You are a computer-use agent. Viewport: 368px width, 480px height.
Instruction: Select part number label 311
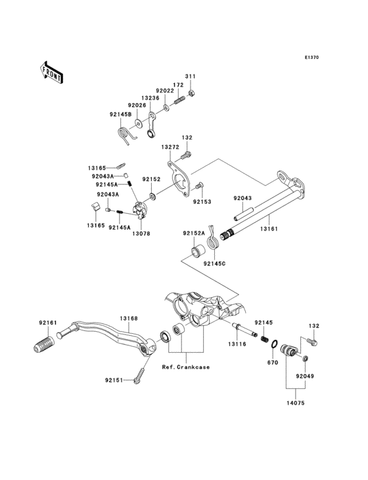[x=190, y=77]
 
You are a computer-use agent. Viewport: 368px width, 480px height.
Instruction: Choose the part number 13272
[x=171, y=148]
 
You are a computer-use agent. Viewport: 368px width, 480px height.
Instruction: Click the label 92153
[x=202, y=202]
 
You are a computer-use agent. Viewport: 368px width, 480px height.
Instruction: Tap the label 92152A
[x=194, y=233]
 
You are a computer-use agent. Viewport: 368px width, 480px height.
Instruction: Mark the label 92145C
[x=214, y=263]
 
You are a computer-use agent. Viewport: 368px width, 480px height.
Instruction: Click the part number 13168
[x=128, y=318]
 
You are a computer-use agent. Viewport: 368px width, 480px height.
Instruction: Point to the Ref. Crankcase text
[x=185, y=367]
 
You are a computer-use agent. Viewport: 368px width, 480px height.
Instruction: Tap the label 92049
[x=305, y=376]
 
